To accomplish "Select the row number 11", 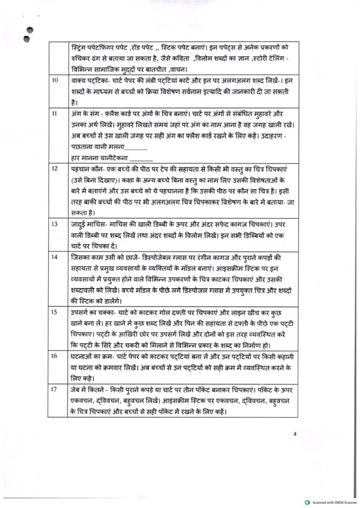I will [55, 114].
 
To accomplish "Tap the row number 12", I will [55, 169].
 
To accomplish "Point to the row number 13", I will [55, 224].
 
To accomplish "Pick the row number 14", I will [55, 257].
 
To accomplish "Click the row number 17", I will [55, 389].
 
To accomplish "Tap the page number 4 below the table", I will [295, 435].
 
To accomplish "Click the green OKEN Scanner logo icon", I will [308, 502].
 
